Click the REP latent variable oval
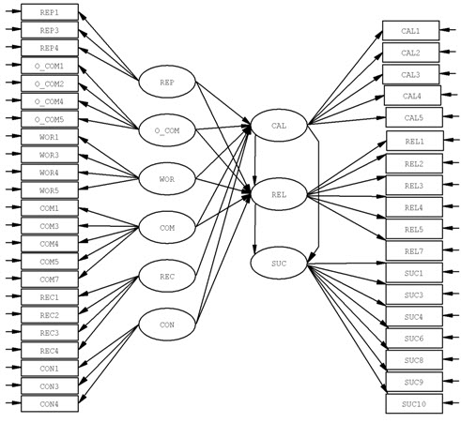click(167, 82)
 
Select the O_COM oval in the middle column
click(167, 130)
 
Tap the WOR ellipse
click(167, 179)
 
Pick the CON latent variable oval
click(167, 325)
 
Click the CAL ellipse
click(279, 126)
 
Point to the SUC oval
click(279, 264)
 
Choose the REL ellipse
click(279, 194)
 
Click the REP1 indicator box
click(50, 12)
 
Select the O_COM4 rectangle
click(50, 101)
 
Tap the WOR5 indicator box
click(50, 190)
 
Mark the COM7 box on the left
click(50, 279)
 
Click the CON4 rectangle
click(50, 404)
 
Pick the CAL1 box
click(411, 31)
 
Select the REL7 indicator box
click(414, 250)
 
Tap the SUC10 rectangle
click(414, 404)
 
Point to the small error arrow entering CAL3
click(448, 74)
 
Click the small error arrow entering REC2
click(13, 314)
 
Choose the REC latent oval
click(167, 276)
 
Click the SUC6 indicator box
click(414, 339)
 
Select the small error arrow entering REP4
click(13, 47)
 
